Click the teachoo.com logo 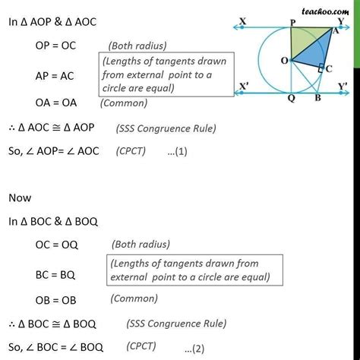pyautogui.click(x=333, y=11)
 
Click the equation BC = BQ pyautogui.click(x=57, y=270)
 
